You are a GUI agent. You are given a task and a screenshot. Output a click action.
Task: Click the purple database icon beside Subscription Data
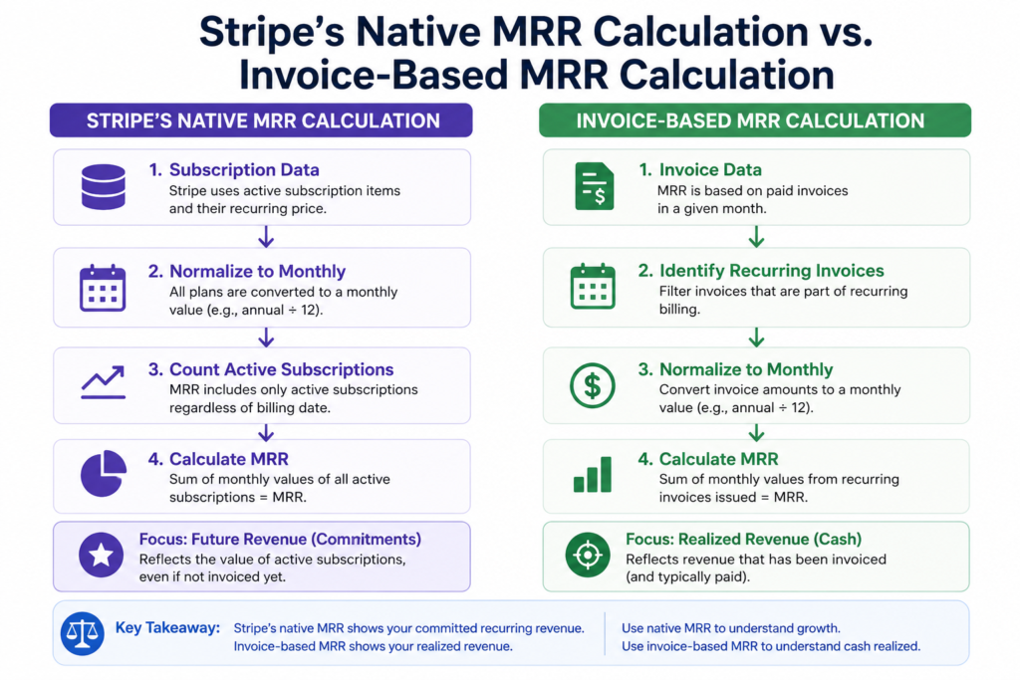coord(104,186)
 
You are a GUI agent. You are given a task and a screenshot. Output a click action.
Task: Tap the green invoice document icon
coord(594,186)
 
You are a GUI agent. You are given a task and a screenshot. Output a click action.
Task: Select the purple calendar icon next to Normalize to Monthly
coord(103,288)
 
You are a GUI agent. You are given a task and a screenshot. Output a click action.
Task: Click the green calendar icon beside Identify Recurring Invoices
coord(593,286)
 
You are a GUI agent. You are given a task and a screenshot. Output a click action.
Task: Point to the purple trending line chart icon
coord(103,382)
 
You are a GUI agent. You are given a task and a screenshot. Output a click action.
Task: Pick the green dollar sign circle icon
coord(592,385)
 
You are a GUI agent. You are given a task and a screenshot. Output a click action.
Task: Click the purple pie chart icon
coord(104,473)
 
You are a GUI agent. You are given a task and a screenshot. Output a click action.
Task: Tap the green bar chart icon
coord(593,474)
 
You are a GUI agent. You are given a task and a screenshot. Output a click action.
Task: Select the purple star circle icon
coord(101,556)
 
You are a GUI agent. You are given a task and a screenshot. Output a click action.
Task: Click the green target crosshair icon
coord(588,556)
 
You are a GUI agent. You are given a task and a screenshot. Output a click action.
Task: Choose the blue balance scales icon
coord(83,633)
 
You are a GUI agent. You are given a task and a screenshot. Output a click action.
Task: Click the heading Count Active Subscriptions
coord(281,369)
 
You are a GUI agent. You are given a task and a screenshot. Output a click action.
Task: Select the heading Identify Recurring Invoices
coord(772,271)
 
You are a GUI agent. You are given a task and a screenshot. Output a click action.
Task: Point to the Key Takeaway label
coord(167,628)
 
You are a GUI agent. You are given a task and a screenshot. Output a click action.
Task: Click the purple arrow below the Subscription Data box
coord(265,237)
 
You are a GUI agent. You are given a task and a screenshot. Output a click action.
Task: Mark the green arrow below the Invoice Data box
coord(756,237)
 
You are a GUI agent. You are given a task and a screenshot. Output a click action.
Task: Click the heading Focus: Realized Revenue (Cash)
coord(743,539)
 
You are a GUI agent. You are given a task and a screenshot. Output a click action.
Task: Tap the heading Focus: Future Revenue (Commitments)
coord(280,539)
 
